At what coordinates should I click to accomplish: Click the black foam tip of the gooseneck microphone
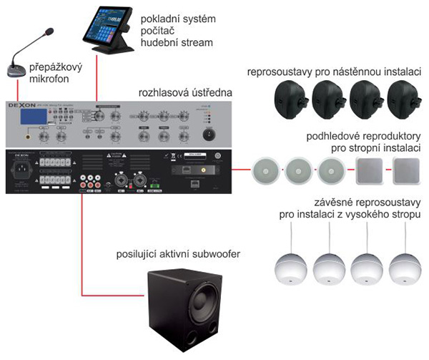49,32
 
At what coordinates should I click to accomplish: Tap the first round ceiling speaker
265,171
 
